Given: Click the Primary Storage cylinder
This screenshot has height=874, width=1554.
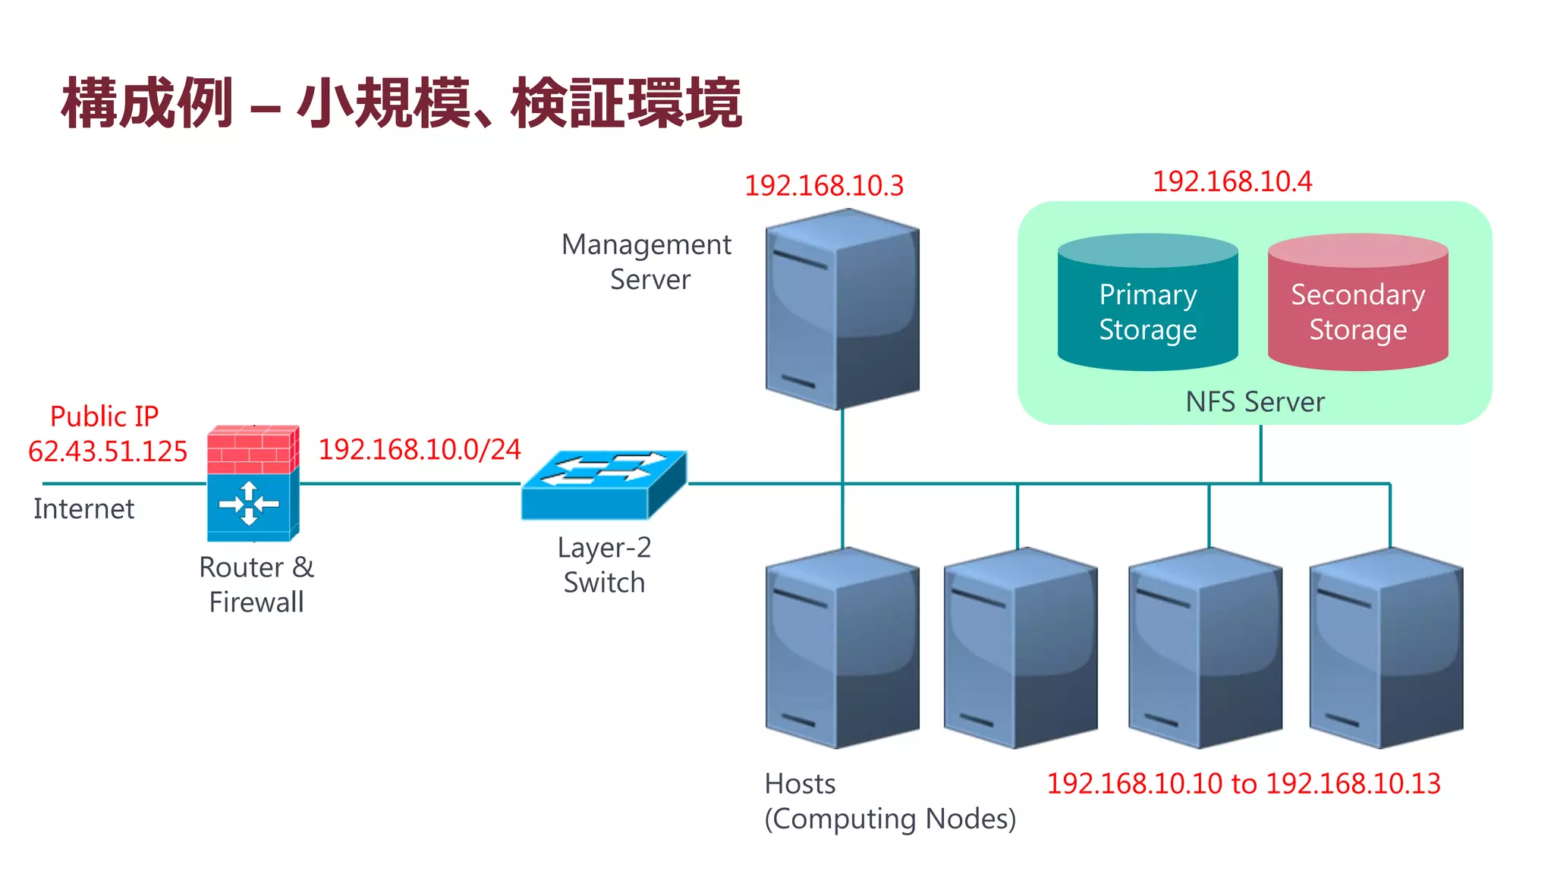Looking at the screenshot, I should point(1147,303).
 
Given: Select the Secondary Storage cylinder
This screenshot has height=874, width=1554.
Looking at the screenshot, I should point(1357,303).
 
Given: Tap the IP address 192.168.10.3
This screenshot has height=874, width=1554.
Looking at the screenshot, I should point(824,186).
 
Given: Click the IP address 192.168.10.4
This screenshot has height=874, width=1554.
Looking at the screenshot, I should point(1232,182).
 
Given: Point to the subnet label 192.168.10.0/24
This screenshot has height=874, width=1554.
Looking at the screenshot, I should point(420,450).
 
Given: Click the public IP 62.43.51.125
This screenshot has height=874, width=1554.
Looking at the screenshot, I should point(108,451).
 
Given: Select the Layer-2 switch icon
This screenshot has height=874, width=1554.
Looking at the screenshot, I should point(604,486).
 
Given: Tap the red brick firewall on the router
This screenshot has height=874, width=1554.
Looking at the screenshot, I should point(252,450).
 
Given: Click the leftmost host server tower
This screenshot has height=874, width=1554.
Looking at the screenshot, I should point(842,649).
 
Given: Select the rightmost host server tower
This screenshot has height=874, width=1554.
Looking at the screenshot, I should point(1386,649).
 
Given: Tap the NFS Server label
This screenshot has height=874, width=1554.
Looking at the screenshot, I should point(1255,402).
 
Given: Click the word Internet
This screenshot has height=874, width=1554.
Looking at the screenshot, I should point(84,509).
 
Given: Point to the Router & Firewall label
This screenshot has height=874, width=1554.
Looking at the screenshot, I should point(256,585).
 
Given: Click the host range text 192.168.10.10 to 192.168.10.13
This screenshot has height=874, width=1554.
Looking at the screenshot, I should point(1243,784).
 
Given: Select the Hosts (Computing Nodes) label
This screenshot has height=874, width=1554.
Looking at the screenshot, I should point(889,802).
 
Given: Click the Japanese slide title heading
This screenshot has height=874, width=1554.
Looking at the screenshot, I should point(401,103).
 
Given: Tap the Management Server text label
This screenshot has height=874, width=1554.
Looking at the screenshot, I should point(647,262).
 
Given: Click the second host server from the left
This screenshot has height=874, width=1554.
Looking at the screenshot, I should point(1021,649).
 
